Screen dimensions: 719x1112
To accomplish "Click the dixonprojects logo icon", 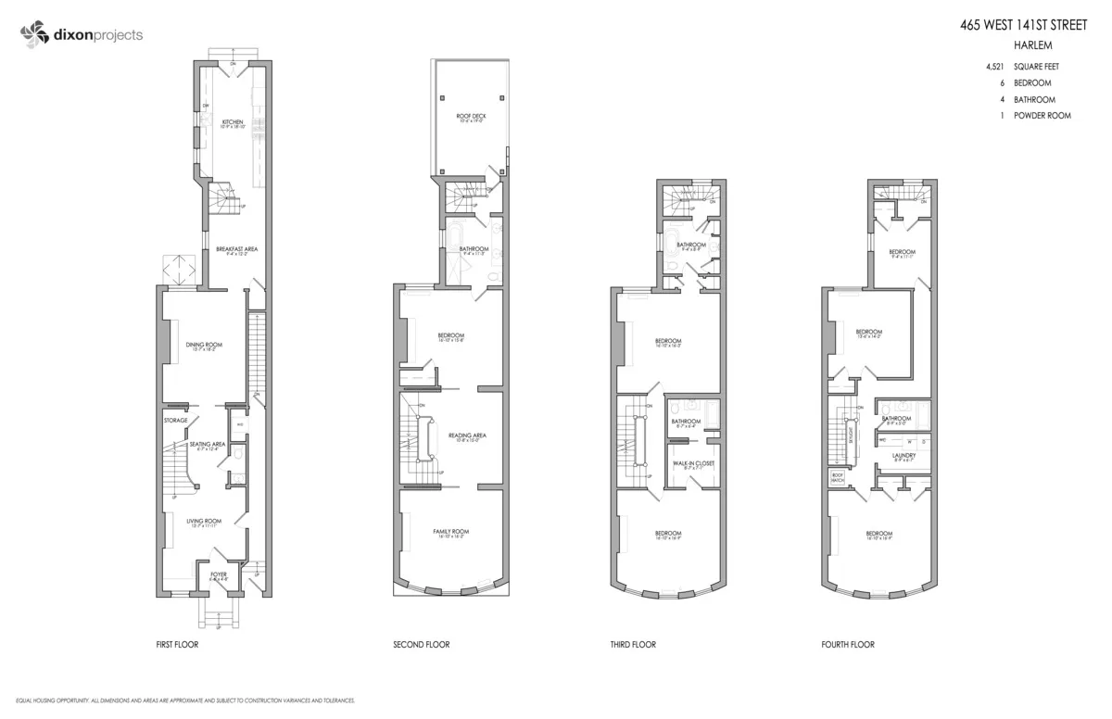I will tap(32, 35).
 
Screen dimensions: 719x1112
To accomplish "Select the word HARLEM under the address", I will tap(1035, 45).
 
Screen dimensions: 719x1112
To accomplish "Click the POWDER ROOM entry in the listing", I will tap(1042, 116).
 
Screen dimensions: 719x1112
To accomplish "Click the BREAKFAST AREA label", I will tap(236, 249).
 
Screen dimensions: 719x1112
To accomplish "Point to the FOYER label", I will tap(219, 574).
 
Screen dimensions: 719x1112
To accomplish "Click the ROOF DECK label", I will tap(471, 116).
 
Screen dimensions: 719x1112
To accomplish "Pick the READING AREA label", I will tap(467, 435).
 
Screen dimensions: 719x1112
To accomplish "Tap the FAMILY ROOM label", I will tap(451, 531).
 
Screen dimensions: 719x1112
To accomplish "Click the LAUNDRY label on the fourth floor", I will tap(903, 455).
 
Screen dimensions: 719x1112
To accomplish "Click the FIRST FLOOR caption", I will tap(177, 644).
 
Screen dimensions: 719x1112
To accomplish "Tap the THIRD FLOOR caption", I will tap(633, 644).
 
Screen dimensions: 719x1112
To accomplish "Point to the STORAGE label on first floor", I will tap(176, 421).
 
